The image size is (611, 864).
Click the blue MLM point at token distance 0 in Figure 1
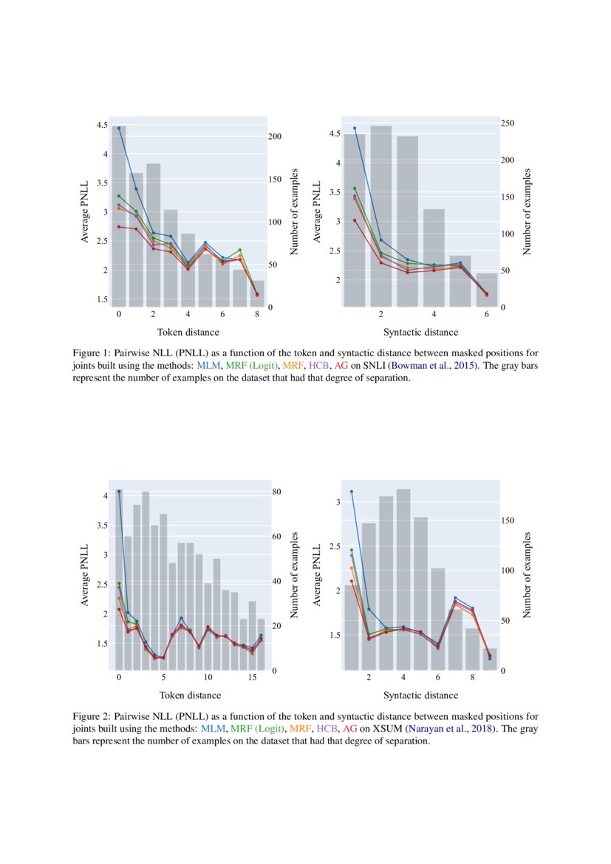pyautogui.click(x=119, y=128)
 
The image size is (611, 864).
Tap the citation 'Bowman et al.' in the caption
pyautogui.click(x=418, y=365)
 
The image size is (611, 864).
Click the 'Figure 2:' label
pyautogui.click(x=92, y=717)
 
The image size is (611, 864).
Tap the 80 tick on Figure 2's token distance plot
pyautogui.click(x=273, y=491)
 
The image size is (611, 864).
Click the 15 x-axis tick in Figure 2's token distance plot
pyautogui.click(x=253, y=678)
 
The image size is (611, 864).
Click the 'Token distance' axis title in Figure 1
pyautogui.click(x=190, y=333)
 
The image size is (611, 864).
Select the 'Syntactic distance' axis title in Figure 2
pyautogui.click(x=420, y=695)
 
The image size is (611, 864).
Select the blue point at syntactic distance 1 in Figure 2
pyautogui.click(x=352, y=491)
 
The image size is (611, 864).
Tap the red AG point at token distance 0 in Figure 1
pyautogui.click(x=119, y=227)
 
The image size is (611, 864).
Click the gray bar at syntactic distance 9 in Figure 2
pyautogui.click(x=490, y=659)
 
